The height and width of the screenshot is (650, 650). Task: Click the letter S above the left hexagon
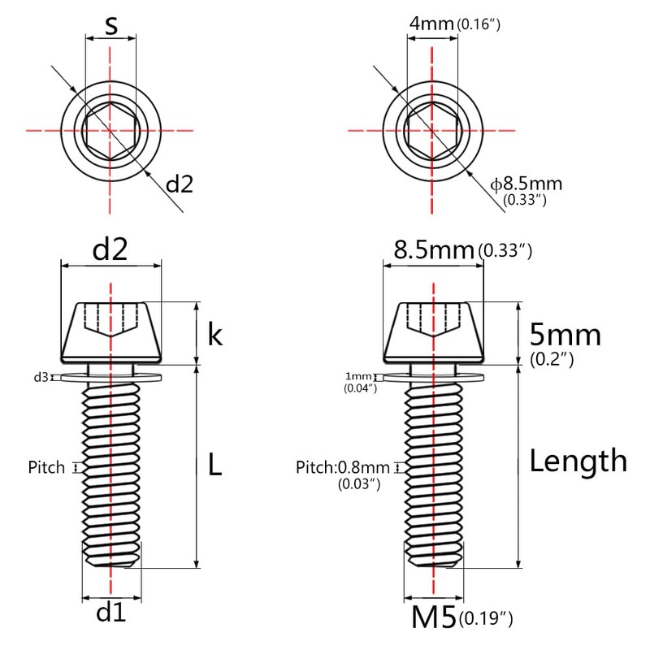(111, 25)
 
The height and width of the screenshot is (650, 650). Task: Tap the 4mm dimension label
(431, 24)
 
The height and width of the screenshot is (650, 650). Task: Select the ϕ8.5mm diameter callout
(526, 184)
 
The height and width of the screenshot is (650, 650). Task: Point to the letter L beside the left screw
(214, 464)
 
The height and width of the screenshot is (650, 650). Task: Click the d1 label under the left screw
(110, 612)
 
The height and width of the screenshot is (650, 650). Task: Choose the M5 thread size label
(434, 617)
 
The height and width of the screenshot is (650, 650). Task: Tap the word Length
(578, 461)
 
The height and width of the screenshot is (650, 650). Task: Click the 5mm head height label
(565, 335)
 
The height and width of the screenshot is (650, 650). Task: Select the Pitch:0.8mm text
(342, 468)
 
